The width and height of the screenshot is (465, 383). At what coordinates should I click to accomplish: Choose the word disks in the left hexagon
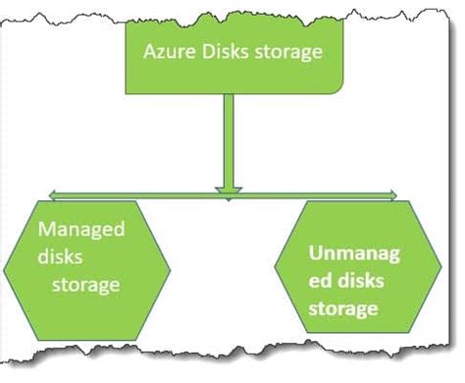point(64,258)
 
